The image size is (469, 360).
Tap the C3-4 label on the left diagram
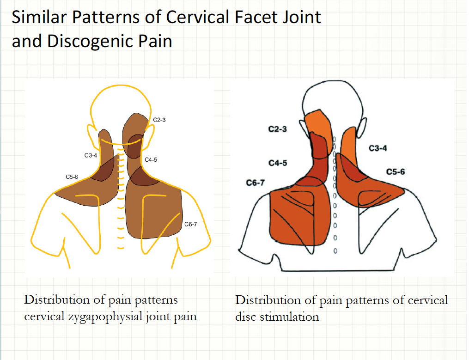pyautogui.click(x=91, y=155)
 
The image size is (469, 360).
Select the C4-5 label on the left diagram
pyautogui.click(x=151, y=160)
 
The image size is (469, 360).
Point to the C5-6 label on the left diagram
pyautogui.click(x=72, y=177)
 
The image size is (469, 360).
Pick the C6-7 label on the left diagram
pyautogui.click(x=191, y=225)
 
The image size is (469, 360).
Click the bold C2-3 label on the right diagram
pyautogui.click(x=277, y=129)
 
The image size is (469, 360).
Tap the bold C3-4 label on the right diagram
pyautogui.click(x=378, y=148)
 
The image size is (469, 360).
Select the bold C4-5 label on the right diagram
pyautogui.click(x=277, y=163)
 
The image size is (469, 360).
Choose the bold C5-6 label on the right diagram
pyautogui.click(x=396, y=172)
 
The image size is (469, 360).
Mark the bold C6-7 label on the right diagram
pyautogui.click(x=255, y=183)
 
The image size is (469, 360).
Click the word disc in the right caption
pyautogui.click(x=245, y=317)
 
